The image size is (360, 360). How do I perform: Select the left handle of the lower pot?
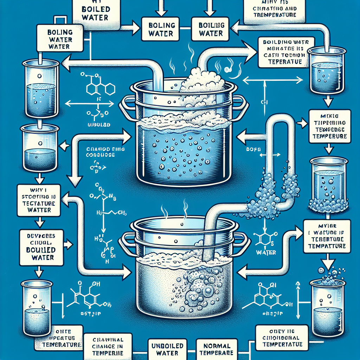pyautogui.click(x=127, y=243)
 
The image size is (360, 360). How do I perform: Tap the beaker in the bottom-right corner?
pyautogui.click(x=327, y=306)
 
